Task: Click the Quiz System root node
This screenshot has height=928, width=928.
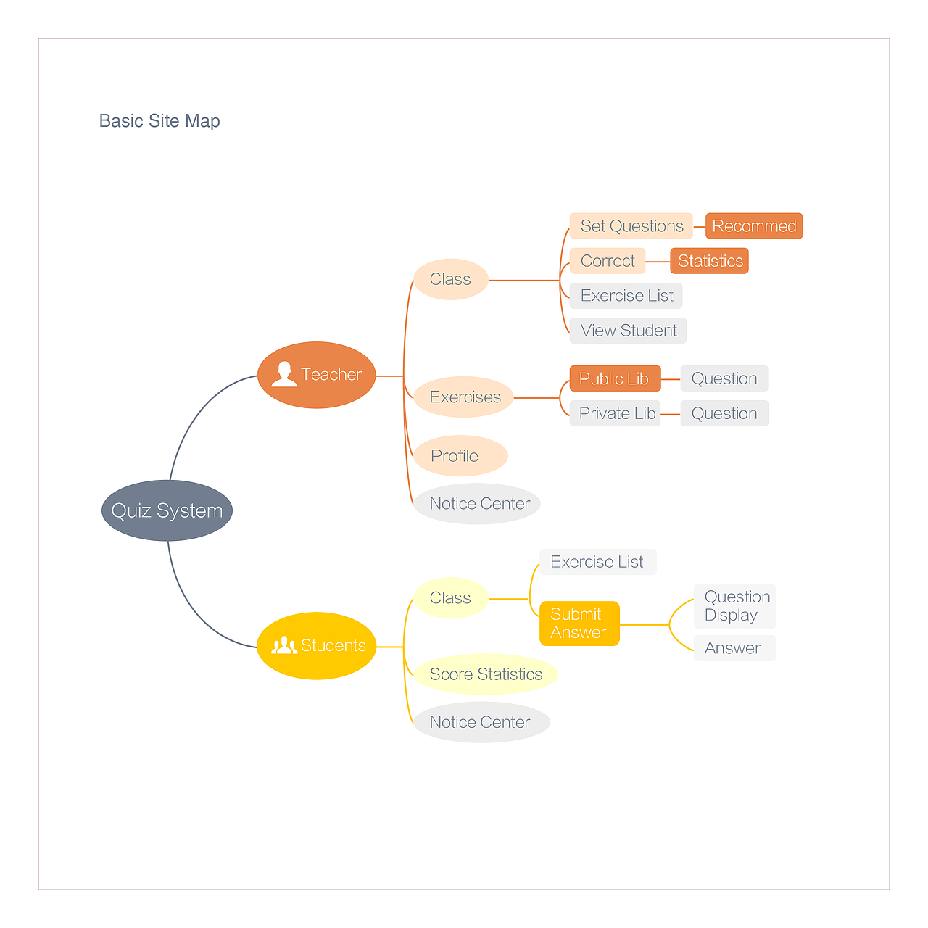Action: (167, 510)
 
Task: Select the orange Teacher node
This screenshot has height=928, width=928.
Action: (317, 375)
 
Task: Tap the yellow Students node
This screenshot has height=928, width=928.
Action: (317, 645)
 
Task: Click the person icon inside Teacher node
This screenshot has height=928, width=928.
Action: (284, 374)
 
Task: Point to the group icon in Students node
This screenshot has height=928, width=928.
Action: (284, 645)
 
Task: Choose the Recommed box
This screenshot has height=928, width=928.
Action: (754, 226)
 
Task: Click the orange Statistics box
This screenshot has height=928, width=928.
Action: (710, 261)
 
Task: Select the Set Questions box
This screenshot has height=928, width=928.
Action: (631, 226)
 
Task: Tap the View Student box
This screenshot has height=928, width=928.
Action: (628, 331)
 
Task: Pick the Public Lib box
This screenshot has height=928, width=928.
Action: (615, 378)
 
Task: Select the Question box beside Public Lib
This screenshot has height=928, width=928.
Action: (724, 378)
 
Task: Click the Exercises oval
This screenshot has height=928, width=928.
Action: (464, 397)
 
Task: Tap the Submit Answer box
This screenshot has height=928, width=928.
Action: (579, 623)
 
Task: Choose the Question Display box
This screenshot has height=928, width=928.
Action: (735, 606)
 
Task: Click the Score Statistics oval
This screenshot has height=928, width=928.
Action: (486, 674)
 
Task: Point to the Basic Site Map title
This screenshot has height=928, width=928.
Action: (159, 121)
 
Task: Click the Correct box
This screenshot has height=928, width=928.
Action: (608, 261)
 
